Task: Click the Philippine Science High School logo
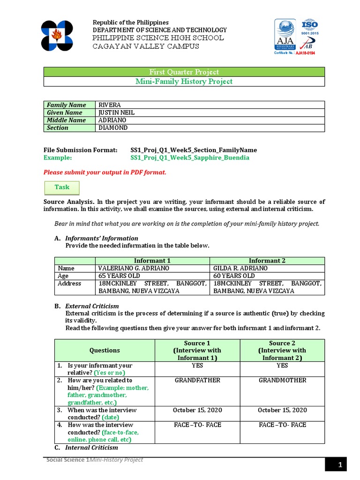(x=57, y=36)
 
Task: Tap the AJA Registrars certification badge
(x=285, y=35)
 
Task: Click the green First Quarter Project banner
(x=184, y=72)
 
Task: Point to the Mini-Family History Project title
(x=184, y=82)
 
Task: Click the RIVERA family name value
(x=110, y=105)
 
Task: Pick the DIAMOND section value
(x=112, y=127)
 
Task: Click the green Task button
(x=62, y=187)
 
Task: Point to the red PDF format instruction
(x=105, y=172)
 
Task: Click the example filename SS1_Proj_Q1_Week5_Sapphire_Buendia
(x=190, y=157)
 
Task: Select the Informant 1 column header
(x=152, y=261)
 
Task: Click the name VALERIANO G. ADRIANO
(x=134, y=268)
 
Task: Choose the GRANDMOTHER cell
(x=282, y=380)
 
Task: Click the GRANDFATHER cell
(x=197, y=380)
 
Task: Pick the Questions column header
(x=105, y=350)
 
